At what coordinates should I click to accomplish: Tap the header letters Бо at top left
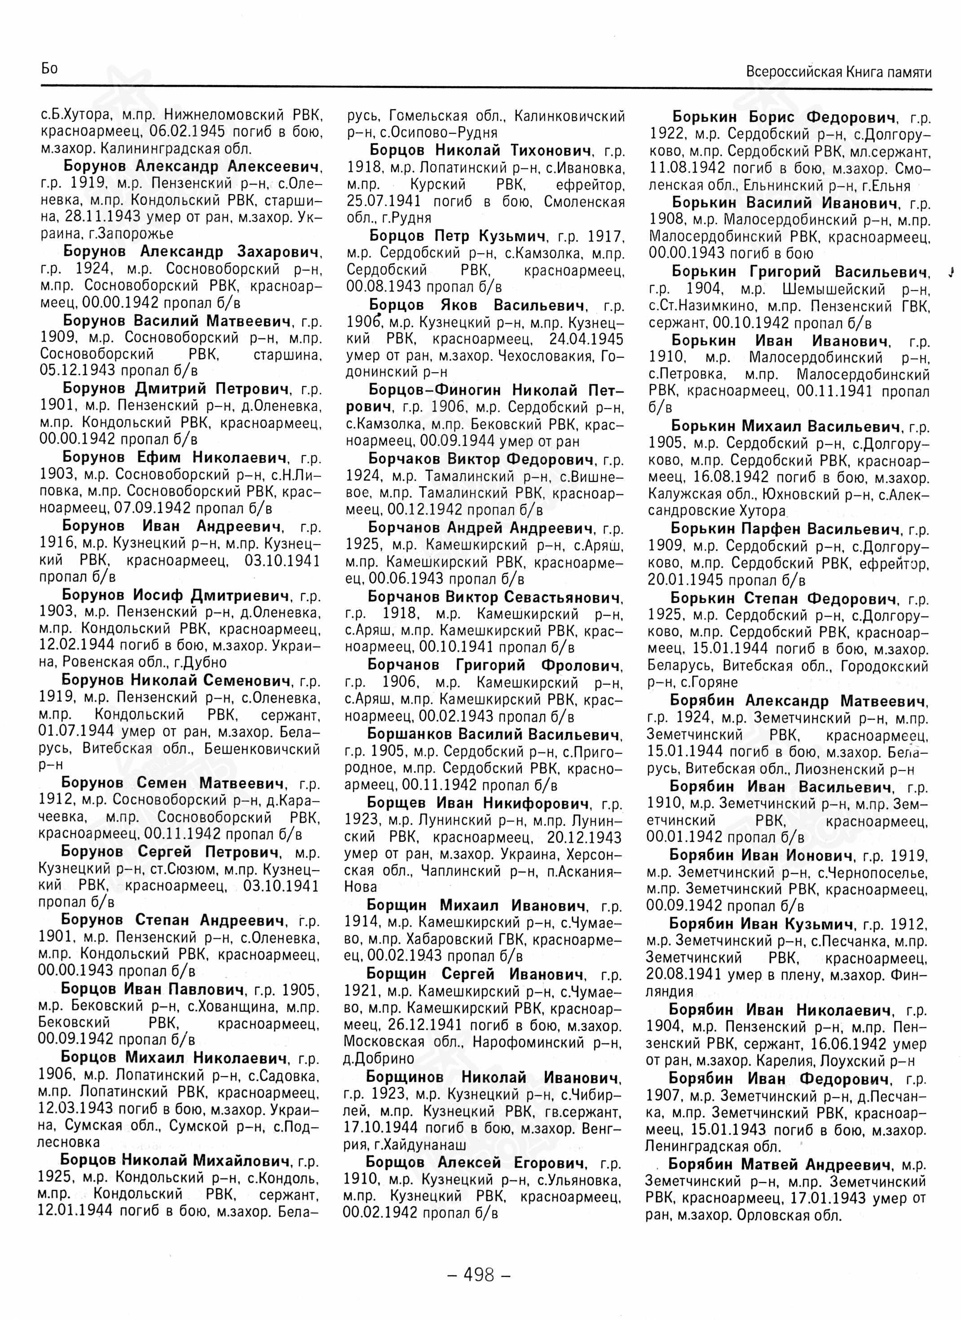(x=49, y=69)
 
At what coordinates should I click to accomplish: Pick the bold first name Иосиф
(x=158, y=595)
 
